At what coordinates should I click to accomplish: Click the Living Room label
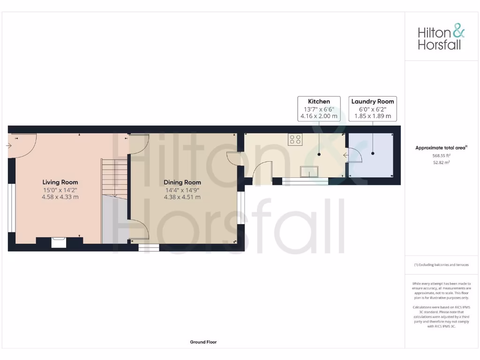(x=60, y=182)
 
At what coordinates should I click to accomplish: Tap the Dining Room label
(x=182, y=182)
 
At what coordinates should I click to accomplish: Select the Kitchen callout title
(x=319, y=101)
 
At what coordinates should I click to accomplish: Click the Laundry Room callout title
(x=373, y=101)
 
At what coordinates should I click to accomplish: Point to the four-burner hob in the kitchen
(x=296, y=139)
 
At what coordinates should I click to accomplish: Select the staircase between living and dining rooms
(x=114, y=178)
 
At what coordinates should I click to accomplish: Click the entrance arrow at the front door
(x=9, y=146)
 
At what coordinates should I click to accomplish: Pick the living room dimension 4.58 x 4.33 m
(x=60, y=197)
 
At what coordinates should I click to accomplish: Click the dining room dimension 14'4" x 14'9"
(x=182, y=190)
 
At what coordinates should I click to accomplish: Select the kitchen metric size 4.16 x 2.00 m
(x=319, y=116)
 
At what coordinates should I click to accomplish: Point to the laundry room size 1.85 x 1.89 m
(x=373, y=116)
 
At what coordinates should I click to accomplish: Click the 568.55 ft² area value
(x=441, y=155)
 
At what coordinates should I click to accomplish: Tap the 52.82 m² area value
(x=441, y=162)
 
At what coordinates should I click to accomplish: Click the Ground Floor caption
(x=203, y=342)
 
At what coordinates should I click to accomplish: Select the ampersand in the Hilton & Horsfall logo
(x=458, y=31)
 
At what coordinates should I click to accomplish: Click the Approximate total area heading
(x=441, y=148)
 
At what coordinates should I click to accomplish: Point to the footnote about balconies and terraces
(x=441, y=265)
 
